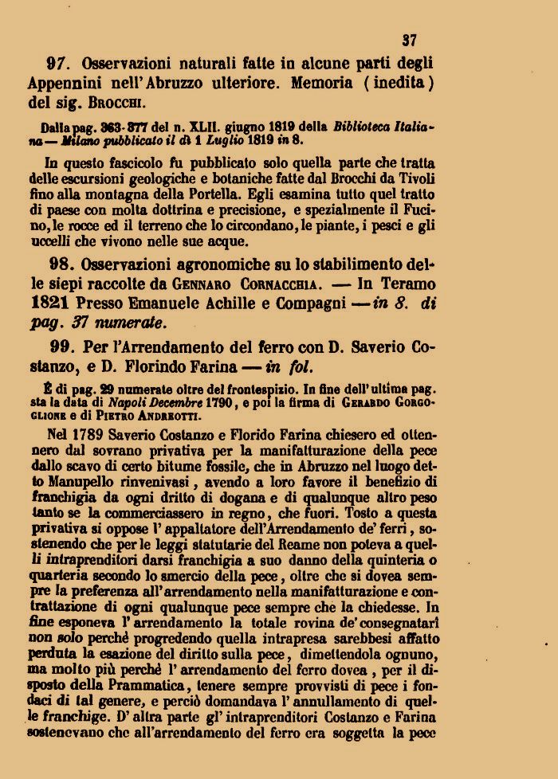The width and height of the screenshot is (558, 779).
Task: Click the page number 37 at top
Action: [x=410, y=40]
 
